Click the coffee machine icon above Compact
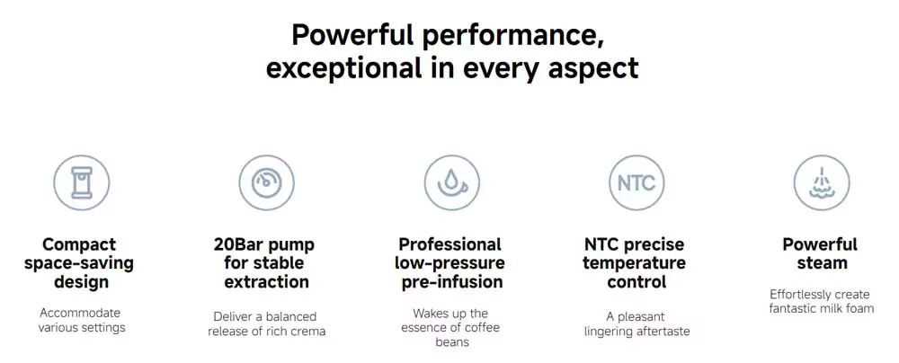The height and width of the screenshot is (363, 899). [x=82, y=183]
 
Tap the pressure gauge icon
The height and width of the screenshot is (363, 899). [x=267, y=183]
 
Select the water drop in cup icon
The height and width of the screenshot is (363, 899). [x=452, y=183]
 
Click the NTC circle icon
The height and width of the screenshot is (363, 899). [x=636, y=183]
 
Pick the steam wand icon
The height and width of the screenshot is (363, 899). [x=822, y=183]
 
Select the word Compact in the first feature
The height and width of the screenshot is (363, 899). [x=79, y=245]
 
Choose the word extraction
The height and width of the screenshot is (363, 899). [x=267, y=281]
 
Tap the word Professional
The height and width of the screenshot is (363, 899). [x=450, y=244]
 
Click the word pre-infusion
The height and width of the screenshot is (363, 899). [x=452, y=282]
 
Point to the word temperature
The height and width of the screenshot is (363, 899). [x=634, y=264]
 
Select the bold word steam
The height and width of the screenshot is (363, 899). [x=822, y=263]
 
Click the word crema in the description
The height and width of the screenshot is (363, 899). [x=309, y=332]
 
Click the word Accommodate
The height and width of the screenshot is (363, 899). [x=80, y=313]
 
